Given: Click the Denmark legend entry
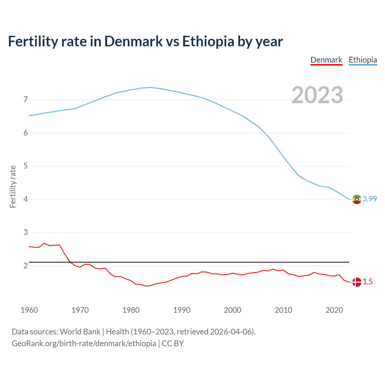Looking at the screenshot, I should tap(326, 60).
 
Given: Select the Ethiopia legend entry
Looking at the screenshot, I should tap(363, 60).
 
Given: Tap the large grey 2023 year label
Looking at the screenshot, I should tap(317, 95).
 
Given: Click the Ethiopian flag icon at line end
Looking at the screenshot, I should tap(357, 199).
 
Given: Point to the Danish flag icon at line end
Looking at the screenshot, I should tap(357, 282).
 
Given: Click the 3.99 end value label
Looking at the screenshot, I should tap(370, 199).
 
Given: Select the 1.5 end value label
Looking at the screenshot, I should tap(368, 282).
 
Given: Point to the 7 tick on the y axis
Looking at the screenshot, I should tap(26, 100).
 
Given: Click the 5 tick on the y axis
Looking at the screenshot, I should tap(26, 166).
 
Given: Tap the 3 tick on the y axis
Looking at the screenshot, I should tap(26, 233).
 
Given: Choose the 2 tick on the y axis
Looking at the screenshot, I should tap(26, 266).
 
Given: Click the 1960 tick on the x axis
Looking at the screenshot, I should tap(29, 310).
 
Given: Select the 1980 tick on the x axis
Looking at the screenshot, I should tap(131, 310).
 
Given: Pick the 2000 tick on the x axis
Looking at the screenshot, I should tap(233, 310).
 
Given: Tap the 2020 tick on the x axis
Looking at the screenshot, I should tap(334, 310).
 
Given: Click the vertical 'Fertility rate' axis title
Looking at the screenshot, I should tap(13, 186).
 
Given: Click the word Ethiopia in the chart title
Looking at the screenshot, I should tap(208, 42).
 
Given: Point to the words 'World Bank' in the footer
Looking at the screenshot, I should tap(80, 332).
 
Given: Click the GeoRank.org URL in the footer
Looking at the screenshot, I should tap(84, 343).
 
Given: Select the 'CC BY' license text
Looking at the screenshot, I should tap(173, 343).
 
